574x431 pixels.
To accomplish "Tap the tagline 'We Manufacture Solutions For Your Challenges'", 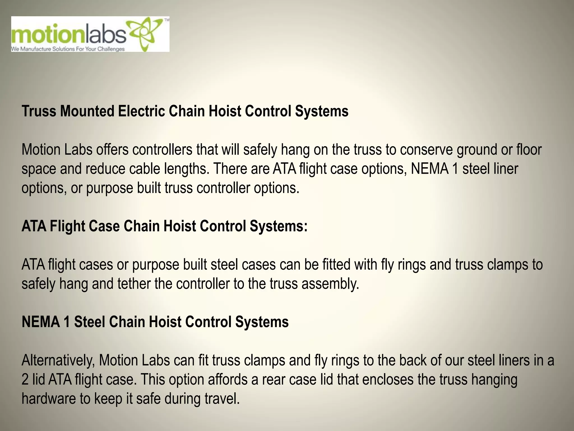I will tap(68, 49).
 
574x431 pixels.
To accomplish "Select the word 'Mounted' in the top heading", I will tap(87, 111).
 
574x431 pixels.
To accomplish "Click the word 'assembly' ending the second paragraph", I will tap(330, 284).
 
